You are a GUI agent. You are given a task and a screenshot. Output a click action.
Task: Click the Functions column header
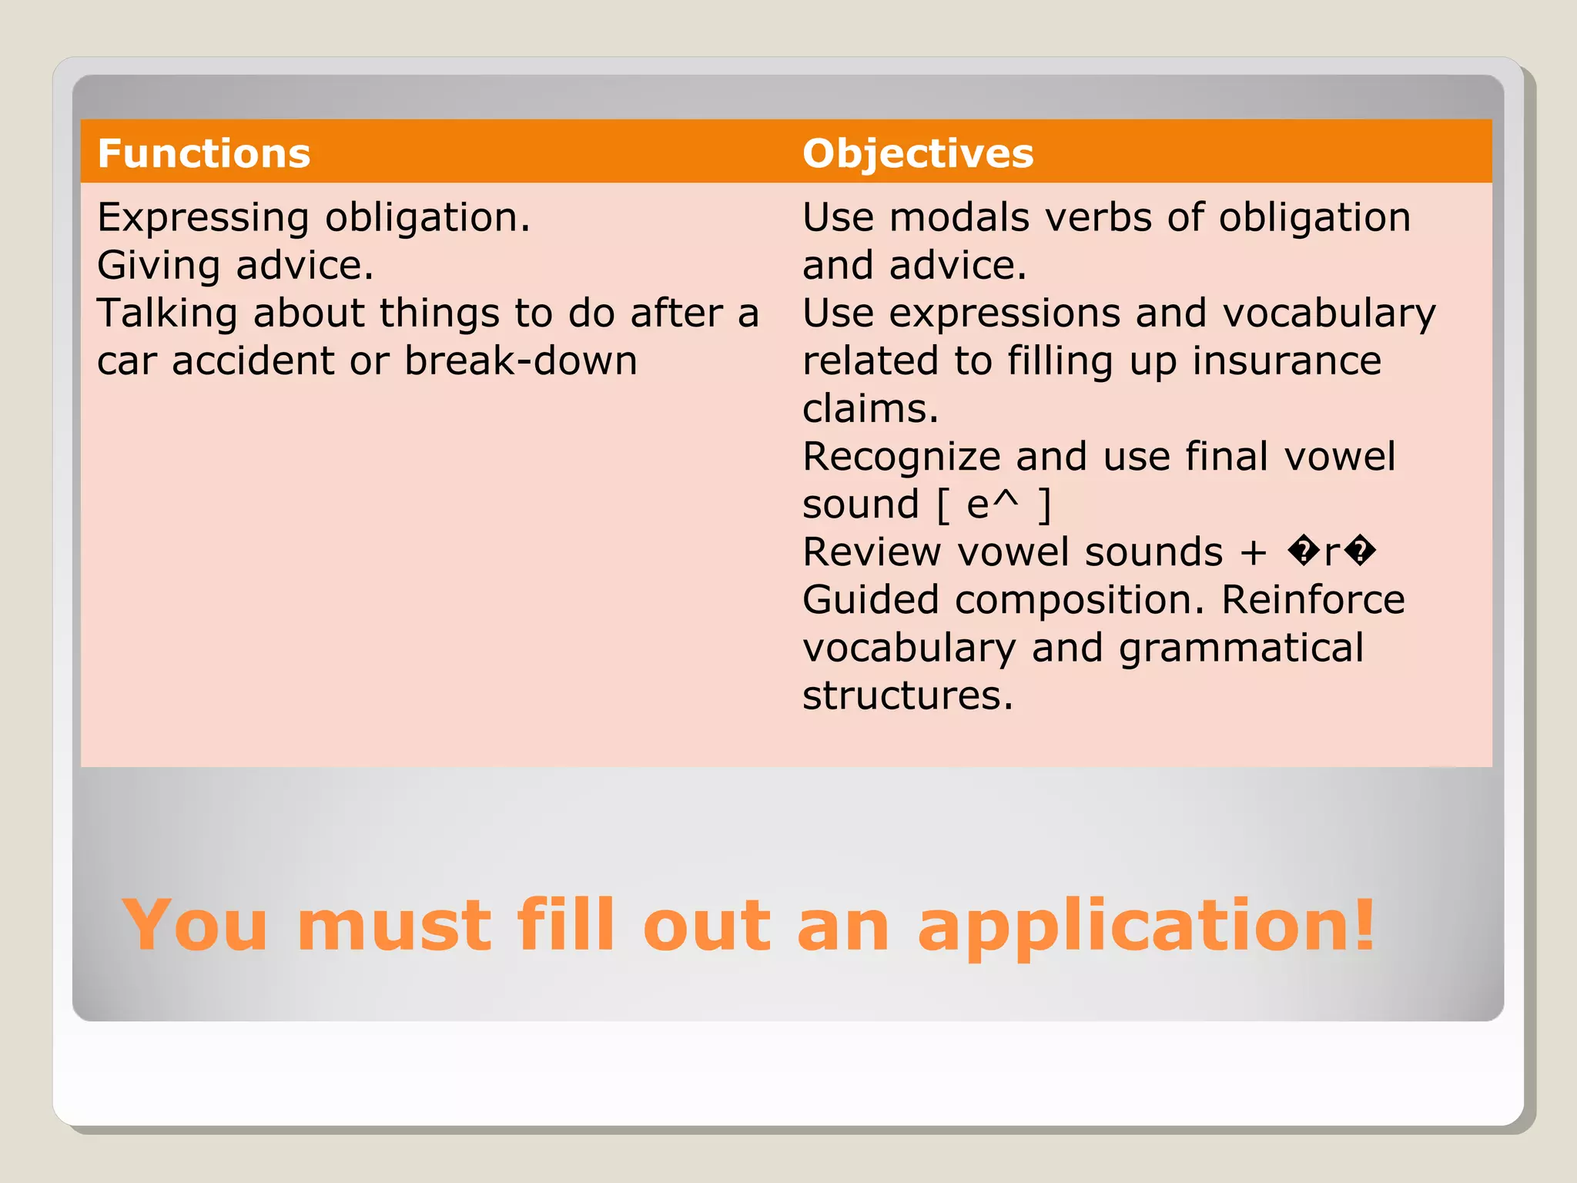point(204,153)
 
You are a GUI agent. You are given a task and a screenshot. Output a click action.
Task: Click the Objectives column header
point(917,153)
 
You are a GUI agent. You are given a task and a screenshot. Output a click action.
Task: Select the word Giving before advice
point(159,266)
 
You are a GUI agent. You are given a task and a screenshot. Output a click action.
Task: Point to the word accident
point(255,360)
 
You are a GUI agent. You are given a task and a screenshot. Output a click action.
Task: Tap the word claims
point(870,408)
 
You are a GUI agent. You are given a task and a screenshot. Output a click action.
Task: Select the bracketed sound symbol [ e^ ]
point(993,504)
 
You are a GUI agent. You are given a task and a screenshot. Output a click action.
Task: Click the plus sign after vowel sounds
point(1254,552)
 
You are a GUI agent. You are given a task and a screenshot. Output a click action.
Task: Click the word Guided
point(870,600)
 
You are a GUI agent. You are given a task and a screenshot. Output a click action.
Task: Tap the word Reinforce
point(1313,600)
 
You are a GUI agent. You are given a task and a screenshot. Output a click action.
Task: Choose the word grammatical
point(1241,648)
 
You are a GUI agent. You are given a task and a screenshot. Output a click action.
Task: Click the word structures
point(907,695)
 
